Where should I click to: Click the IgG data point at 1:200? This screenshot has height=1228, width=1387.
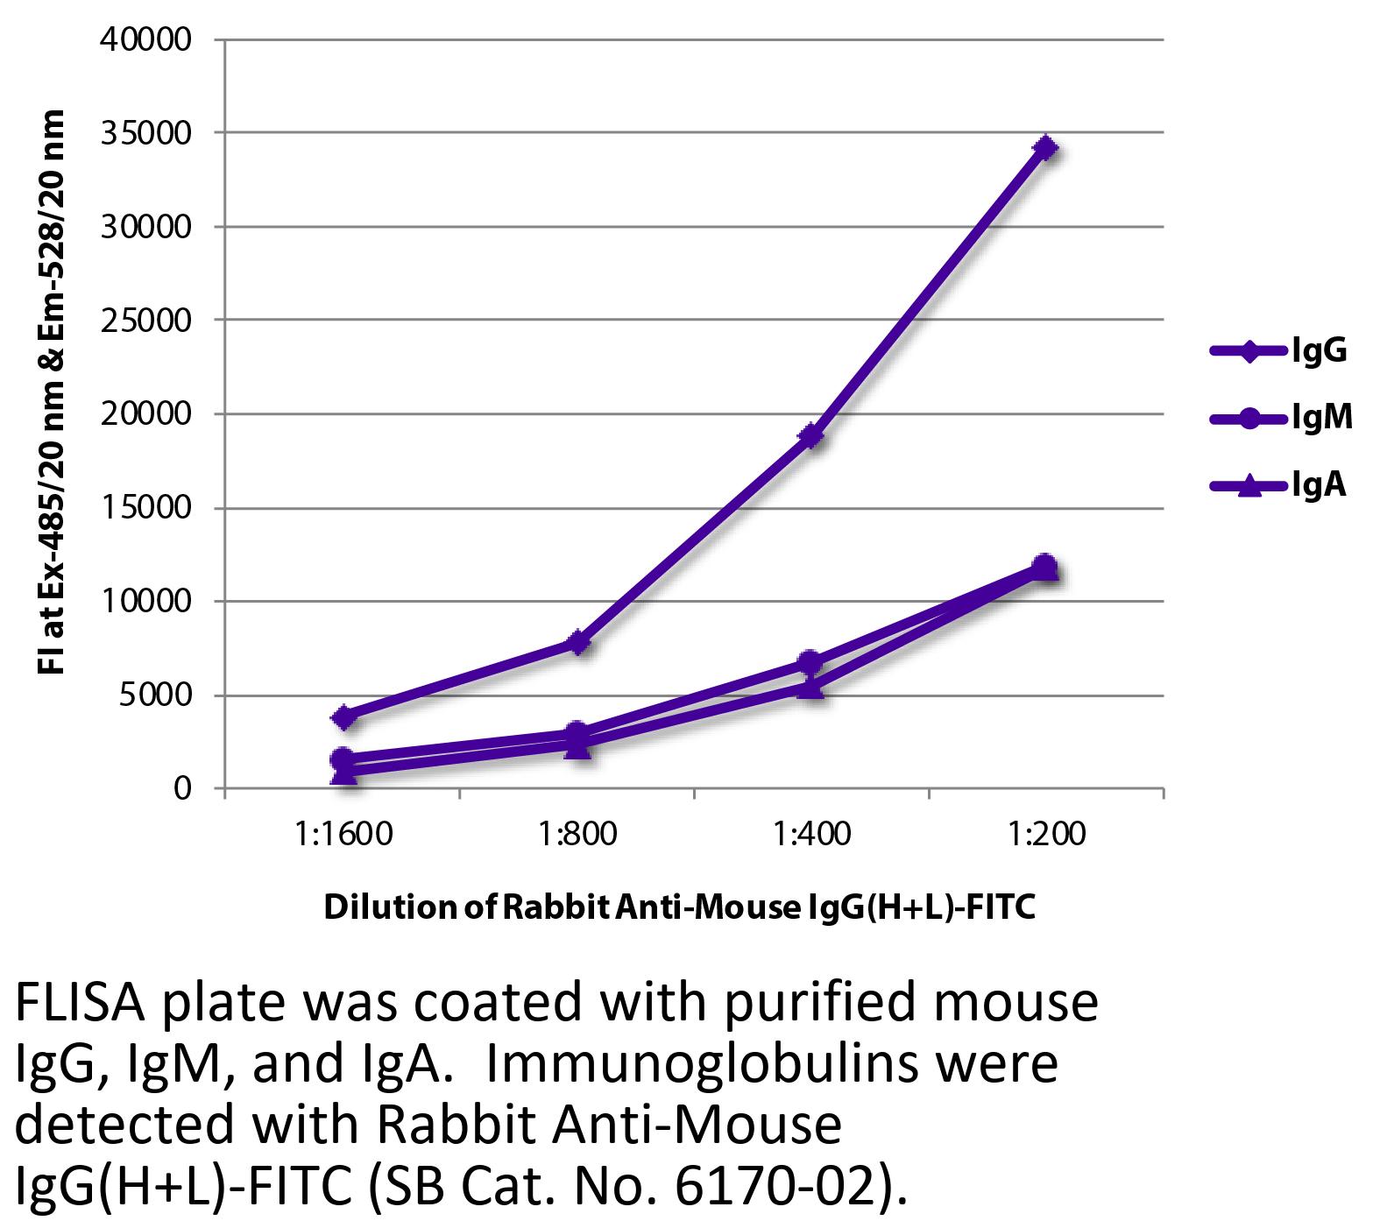tap(1045, 147)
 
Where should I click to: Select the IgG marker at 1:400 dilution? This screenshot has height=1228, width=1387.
tap(811, 435)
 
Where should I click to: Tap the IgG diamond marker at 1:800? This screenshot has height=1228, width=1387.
tap(577, 643)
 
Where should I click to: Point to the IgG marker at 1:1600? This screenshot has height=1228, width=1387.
tap(343, 717)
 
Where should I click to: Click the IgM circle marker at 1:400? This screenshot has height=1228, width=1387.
tap(811, 661)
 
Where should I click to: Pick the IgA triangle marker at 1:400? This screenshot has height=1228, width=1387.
tap(811, 688)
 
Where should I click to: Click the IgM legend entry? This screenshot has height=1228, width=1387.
tap(1280, 418)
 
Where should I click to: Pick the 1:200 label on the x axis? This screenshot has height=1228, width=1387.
tap(1045, 834)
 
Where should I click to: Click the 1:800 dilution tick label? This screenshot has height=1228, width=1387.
tap(577, 834)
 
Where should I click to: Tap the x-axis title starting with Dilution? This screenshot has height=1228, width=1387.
tap(680, 908)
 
